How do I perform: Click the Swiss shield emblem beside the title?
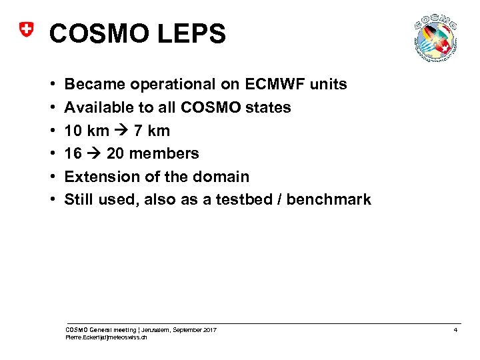pyautogui.click(x=25, y=30)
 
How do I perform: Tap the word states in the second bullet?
pyautogui.click(x=268, y=107)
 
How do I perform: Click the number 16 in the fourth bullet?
pyautogui.click(x=73, y=153)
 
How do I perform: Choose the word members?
pyautogui.click(x=164, y=153)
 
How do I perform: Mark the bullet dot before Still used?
pyautogui.click(x=53, y=200)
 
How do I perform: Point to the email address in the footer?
pyautogui.click(x=106, y=338)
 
